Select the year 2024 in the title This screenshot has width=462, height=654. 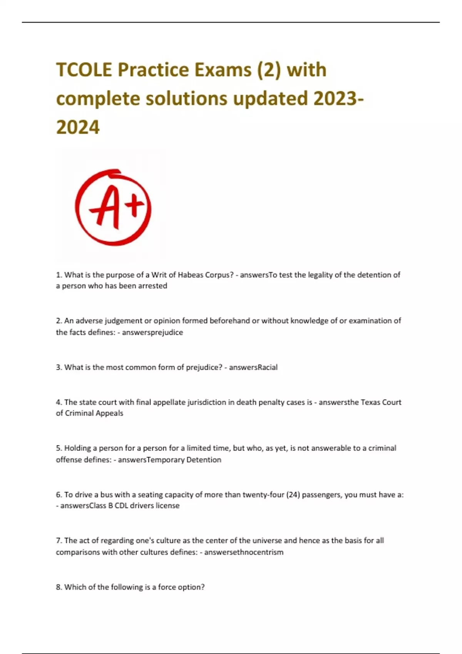(x=78, y=127)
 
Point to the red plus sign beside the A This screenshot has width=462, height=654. (x=135, y=206)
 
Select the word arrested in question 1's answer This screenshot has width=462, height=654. (x=152, y=286)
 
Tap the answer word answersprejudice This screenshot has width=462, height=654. (x=152, y=332)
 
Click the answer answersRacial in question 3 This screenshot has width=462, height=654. (x=253, y=367)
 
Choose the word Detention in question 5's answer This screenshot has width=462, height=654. (x=204, y=460)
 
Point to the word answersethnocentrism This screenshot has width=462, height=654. (x=244, y=552)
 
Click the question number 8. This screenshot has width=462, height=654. (x=59, y=587)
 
